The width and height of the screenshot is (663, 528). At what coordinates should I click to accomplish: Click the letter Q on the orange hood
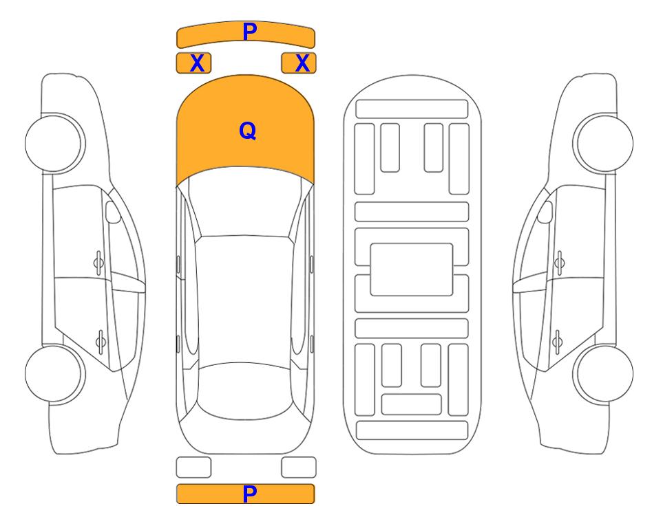point(248,131)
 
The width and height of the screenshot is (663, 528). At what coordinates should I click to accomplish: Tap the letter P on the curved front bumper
point(250,32)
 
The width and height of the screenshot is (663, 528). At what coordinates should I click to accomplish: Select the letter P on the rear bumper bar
point(250,494)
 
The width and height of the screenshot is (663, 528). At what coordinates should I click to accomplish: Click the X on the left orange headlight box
point(197,63)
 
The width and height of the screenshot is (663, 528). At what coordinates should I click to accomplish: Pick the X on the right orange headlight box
point(302,63)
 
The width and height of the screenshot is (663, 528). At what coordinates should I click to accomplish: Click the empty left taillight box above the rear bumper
point(193,467)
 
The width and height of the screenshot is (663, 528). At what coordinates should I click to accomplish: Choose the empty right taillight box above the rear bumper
point(299,467)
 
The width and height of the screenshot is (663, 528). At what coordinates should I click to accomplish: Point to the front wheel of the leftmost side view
point(54,143)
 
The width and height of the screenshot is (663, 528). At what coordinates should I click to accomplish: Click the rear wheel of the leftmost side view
point(54,374)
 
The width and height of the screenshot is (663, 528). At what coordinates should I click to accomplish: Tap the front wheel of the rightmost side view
point(603,143)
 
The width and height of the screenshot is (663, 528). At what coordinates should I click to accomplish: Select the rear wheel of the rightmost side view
point(603,374)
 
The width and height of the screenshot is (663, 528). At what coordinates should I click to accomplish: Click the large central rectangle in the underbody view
point(412,269)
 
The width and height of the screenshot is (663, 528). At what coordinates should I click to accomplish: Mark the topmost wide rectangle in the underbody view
point(412,109)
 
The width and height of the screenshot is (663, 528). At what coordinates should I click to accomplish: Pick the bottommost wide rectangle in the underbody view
point(412,430)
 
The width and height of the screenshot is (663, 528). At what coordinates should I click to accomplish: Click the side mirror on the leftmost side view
point(112,212)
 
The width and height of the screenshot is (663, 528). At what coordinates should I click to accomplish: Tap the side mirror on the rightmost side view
point(545,212)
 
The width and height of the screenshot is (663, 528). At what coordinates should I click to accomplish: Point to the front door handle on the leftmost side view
point(98,263)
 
